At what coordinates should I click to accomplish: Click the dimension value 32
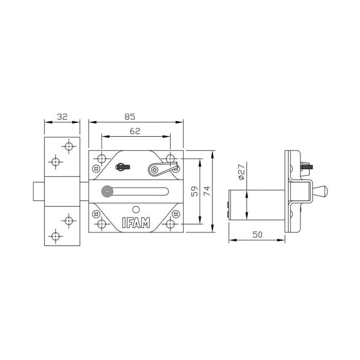tap(62, 117)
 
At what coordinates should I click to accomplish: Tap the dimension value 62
tap(135, 132)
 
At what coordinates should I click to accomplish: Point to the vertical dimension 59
tap(194, 191)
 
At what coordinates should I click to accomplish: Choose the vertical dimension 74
tap(207, 191)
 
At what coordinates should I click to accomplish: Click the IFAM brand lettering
tap(136, 223)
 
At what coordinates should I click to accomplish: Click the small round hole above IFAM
tap(136, 209)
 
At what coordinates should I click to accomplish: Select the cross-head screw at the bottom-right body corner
tap(177, 213)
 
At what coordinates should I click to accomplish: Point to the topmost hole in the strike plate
tap(68, 147)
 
